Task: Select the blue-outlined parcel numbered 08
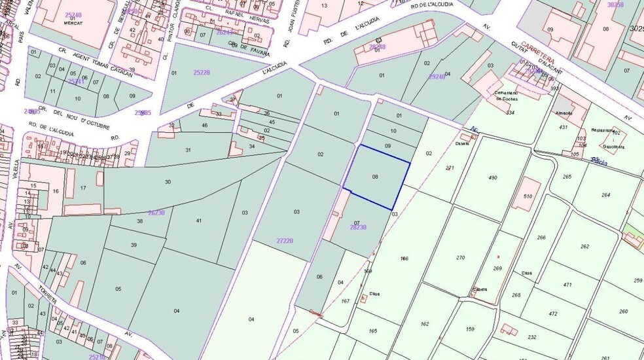pos(376,177)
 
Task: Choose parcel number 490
pos(493,178)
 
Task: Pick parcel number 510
pos(528,196)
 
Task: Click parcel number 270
pos(460,257)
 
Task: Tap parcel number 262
pos(584,247)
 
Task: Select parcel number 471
pos(567,285)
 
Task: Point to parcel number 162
pos(425,324)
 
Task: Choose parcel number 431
pos(563,127)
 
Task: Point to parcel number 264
pos(605,195)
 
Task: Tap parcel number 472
pos(553,314)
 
